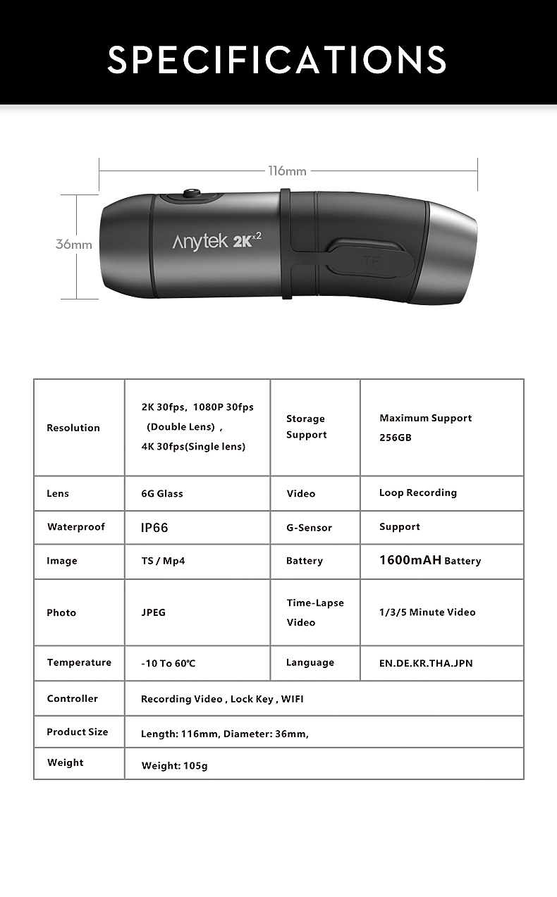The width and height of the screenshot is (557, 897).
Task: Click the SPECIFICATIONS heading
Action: coord(277,59)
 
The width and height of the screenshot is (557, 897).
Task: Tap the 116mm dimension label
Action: coord(287,171)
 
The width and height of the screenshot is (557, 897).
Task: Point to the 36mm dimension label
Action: coord(74,245)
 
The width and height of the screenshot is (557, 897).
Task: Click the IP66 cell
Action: coord(155,527)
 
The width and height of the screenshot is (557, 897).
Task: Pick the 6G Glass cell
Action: coord(162,493)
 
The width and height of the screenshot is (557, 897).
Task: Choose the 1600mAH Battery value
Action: coord(429,560)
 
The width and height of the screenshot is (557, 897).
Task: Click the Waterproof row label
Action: coord(76,527)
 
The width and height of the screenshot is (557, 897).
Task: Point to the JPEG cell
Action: coord(154,612)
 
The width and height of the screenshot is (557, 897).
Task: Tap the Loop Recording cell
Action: coord(417,493)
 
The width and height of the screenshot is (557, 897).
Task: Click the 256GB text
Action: coord(395,437)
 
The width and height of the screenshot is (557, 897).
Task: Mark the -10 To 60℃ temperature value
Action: coord(169,663)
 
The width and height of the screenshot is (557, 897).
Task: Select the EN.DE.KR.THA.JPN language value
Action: coord(426,663)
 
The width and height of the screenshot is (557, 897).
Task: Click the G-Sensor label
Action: coord(309,527)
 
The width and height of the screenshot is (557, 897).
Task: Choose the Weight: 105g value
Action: coord(174,765)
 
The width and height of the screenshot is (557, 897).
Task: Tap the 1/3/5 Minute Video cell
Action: coord(427,612)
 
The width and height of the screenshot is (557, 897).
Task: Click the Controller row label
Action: coord(73,698)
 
